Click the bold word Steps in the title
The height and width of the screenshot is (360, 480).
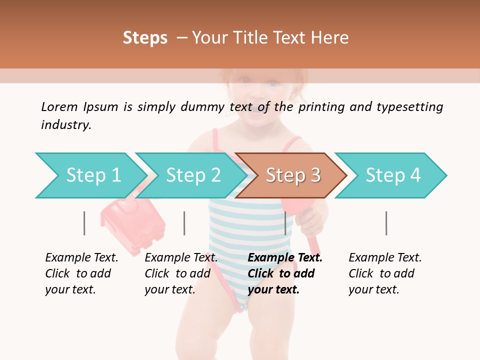coord(145,38)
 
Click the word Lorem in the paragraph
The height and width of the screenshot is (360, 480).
coord(59,106)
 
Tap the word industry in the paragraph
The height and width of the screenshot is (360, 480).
coord(66,124)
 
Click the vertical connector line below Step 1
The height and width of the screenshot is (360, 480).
coord(84,223)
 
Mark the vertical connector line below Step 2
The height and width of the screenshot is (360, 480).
coord(184,223)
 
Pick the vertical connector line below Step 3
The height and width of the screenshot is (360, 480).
coord(285,223)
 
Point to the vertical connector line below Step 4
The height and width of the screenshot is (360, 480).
coord(386,223)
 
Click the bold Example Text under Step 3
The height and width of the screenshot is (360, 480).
coord(285,258)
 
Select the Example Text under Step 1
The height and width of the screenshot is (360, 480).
coord(81,258)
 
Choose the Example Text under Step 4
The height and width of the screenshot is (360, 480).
coord(385,258)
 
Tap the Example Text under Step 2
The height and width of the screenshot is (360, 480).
coord(181,258)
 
